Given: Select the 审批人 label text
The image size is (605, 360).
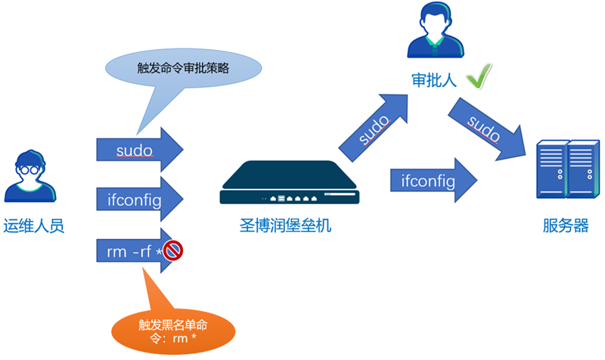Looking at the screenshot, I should coord(434,79).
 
